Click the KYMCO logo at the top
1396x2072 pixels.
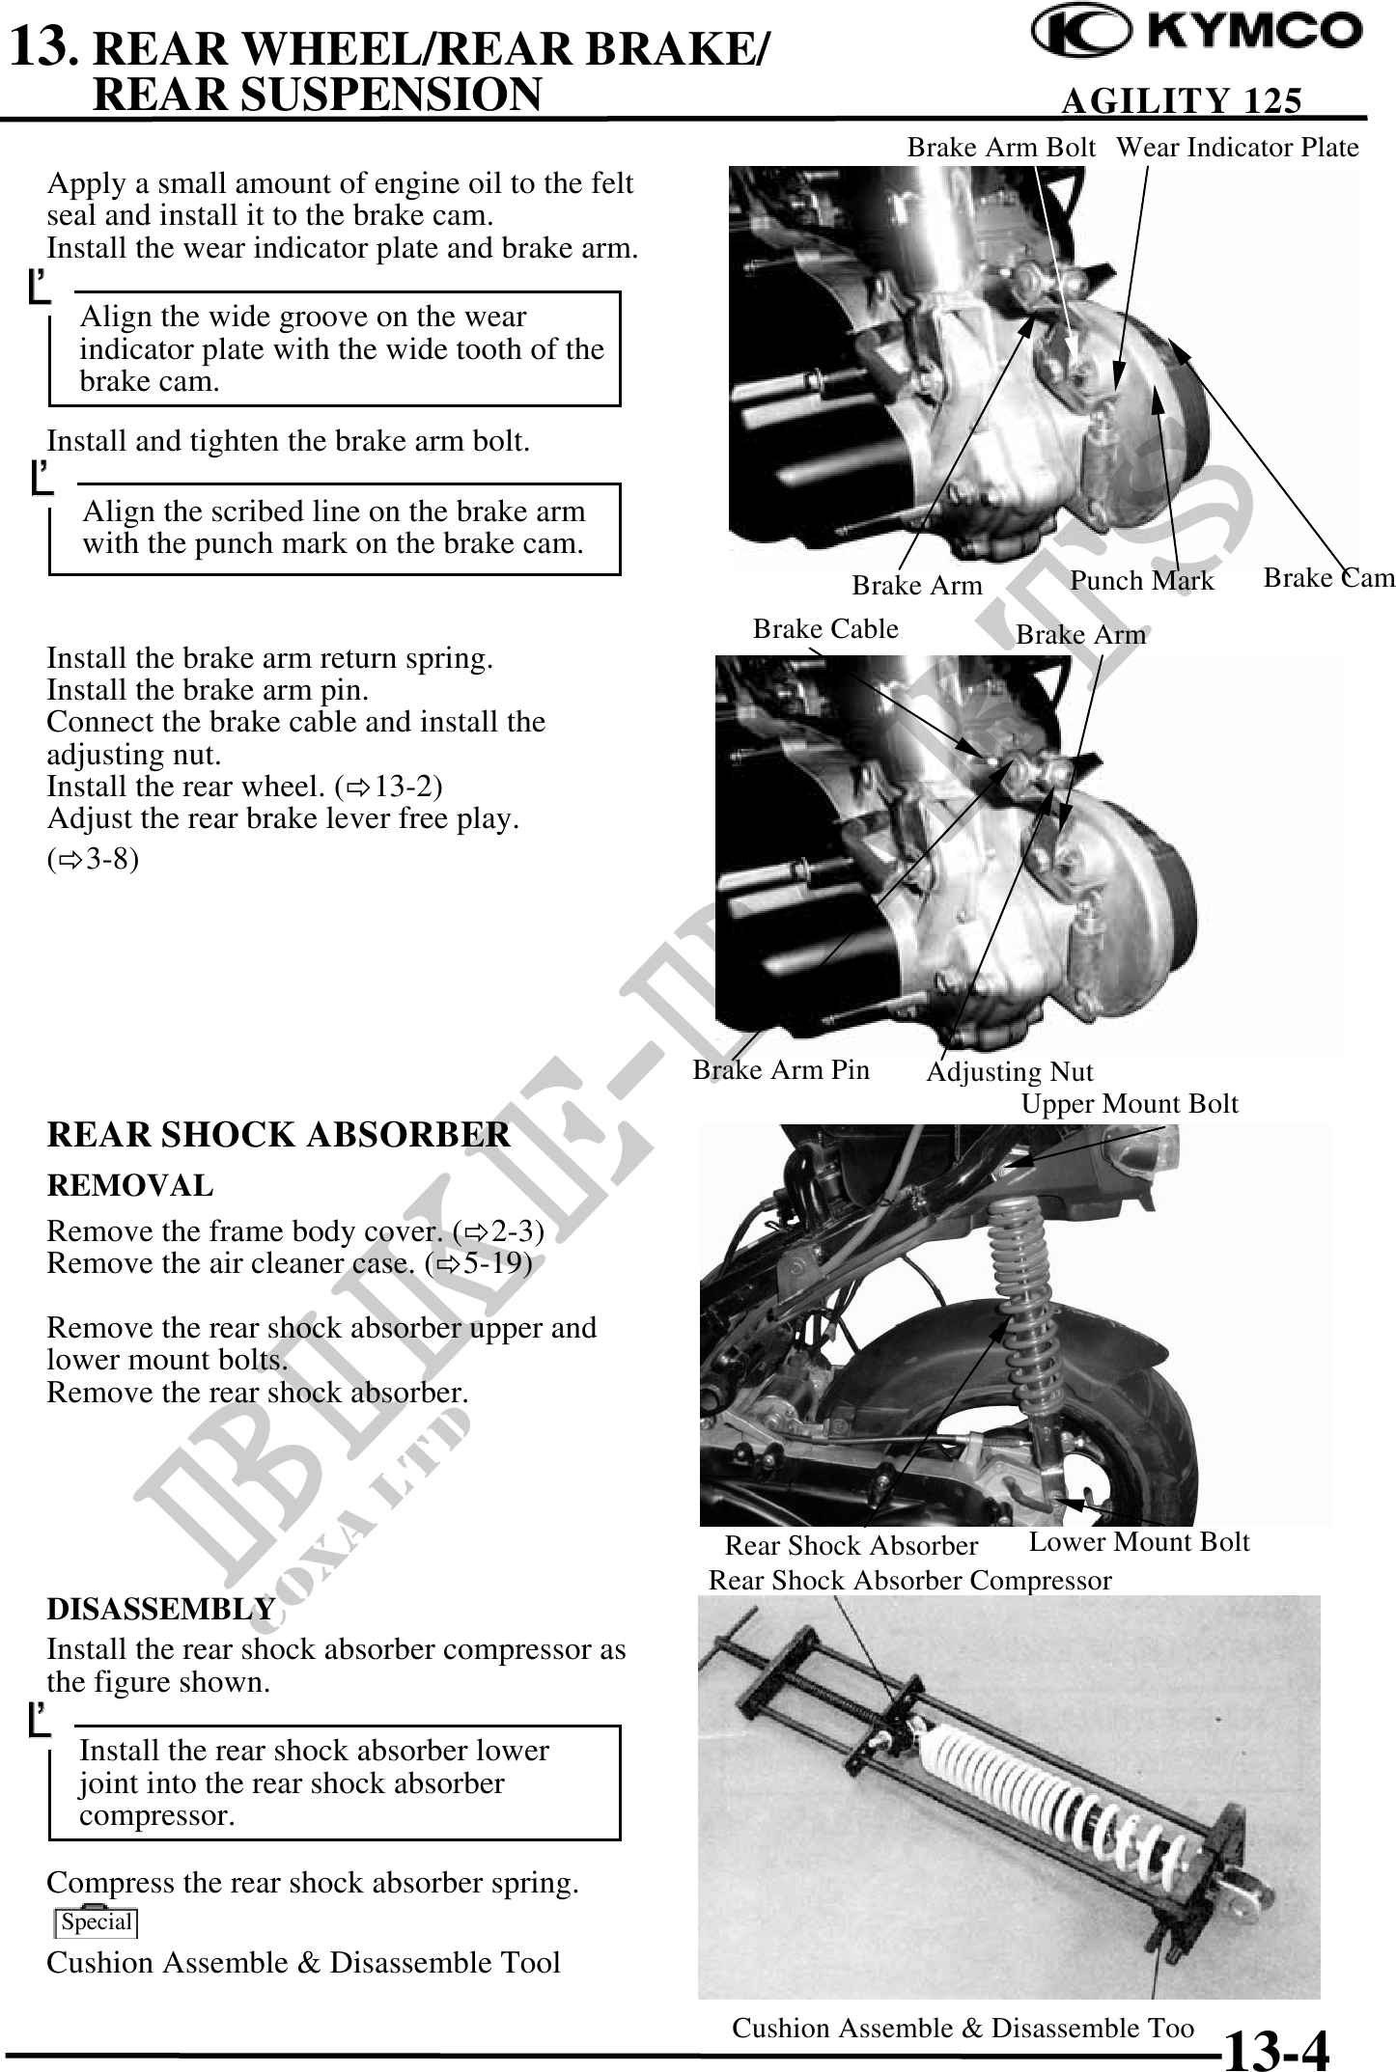[1197, 34]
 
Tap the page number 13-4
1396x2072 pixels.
[1276, 2050]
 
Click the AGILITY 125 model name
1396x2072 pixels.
[1181, 100]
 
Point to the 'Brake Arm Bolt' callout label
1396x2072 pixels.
[1001, 148]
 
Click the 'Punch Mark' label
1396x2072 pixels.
[1141, 581]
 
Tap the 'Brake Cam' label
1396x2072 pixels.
[1328, 578]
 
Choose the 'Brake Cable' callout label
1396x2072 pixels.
[825, 629]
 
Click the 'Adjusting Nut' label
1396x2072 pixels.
[1009, 1072]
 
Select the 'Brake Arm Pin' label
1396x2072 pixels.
[781, 1069]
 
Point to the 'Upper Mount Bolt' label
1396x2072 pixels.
[1129, 1104]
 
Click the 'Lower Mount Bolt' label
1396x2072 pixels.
[1138, 1542]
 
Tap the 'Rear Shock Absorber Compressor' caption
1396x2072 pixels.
[909, 1581]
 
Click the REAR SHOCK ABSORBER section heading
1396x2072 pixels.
[278, 1135]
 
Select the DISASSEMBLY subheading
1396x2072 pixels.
[161, 1609]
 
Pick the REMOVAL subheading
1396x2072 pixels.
[130, 1185]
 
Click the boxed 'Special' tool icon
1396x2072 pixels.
[96, 1921]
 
